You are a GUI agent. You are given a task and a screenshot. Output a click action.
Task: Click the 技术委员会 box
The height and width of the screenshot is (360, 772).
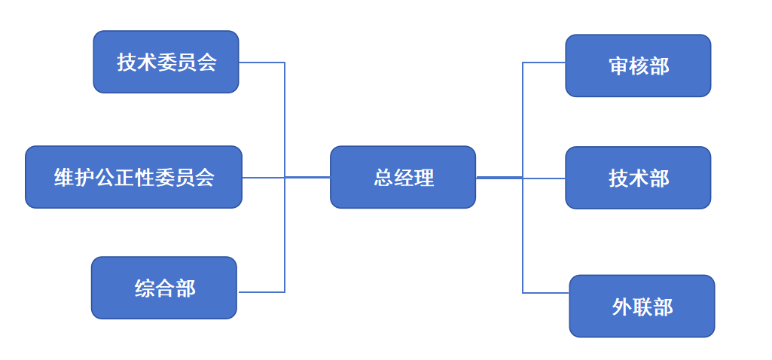click(x=166, y=62)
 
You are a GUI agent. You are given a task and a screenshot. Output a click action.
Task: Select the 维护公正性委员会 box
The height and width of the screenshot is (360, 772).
click(x=133, y=177)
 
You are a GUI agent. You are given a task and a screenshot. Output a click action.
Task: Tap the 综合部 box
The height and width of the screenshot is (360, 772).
click(x=164, y=288)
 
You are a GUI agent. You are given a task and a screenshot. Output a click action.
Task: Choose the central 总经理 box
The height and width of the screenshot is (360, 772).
click(x=403, y=177)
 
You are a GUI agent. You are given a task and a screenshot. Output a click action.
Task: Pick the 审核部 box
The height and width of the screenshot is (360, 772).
click(x=638, y=66)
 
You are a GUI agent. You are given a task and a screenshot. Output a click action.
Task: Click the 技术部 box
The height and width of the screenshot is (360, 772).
click(x=638, y=178)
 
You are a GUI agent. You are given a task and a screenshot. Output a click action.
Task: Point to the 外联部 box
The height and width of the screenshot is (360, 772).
click(x=642, y=307)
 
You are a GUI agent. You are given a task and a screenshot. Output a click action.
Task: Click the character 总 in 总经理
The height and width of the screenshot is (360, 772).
click(x=384, y=178)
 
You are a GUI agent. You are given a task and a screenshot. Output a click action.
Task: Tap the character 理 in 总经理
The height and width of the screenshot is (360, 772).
click(x=424, y=178)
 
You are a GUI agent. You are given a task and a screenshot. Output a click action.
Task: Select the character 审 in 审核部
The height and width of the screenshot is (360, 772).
click(x=618, y=66)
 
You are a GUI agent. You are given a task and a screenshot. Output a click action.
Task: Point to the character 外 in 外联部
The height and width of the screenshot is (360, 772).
click(x=621, y=307)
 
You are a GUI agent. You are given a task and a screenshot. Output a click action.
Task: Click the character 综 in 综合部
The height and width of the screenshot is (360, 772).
click(x=145, y=288)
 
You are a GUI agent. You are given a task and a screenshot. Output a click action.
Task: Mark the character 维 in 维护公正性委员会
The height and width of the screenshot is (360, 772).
click(x=64, y=178)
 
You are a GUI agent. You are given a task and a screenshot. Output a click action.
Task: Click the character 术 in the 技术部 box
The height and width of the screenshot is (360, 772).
click(x=639, y=178)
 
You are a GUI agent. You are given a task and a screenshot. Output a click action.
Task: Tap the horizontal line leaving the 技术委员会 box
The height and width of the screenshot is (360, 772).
click(x=261, y=63)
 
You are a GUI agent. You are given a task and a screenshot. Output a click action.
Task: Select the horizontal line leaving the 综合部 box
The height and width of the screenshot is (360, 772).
click(x=261, y=291)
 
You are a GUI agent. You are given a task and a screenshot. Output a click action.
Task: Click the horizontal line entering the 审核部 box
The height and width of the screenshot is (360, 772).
click(x=544, y=63)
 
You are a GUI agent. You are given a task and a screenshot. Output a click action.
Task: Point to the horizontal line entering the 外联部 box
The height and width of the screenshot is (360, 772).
click(x=546, y=292)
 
